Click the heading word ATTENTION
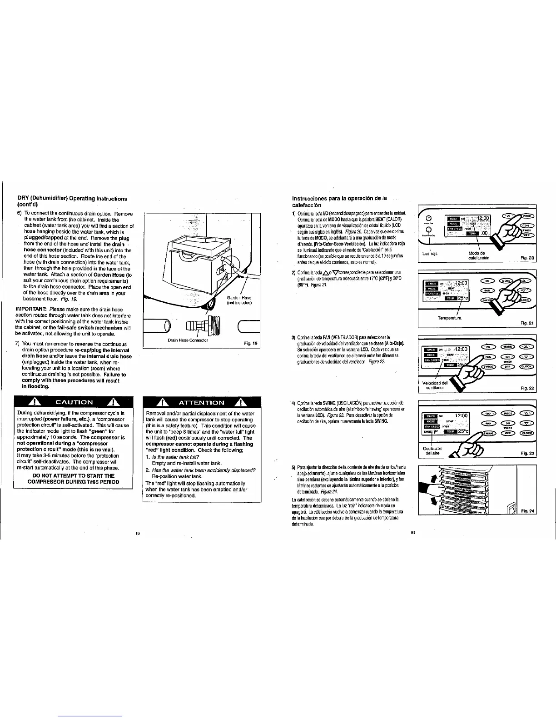pos(202,403)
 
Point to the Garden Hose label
pos(239,300)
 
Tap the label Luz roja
pos(429,254)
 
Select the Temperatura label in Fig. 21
pos(449,318)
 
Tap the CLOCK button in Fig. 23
pos(527,433)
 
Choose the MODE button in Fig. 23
pos(506,414)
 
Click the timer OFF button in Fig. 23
pos(506,433)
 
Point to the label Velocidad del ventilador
pos(435,385)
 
